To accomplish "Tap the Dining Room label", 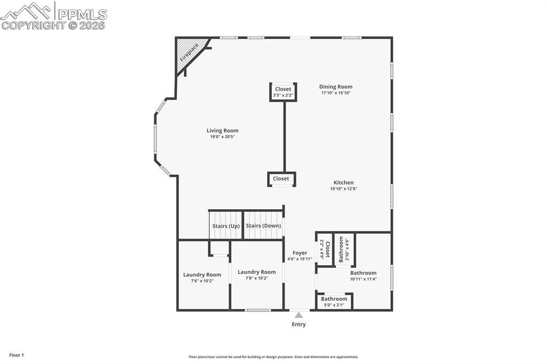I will pos(335,86).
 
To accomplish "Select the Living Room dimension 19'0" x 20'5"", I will pos(222,137).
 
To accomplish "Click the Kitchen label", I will pos(343,183).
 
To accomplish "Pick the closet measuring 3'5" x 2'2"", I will pos(283,92).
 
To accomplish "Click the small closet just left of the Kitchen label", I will pos(281,179).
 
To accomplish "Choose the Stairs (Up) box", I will pos(225,226).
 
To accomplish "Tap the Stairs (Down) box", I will pos(263,226).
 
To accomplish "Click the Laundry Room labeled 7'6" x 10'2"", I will pos(202,278).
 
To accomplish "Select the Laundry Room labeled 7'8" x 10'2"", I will pos(256,275).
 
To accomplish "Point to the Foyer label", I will pos(300,253).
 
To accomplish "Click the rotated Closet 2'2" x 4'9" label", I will pos(325,249).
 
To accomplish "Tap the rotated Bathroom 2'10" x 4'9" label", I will pos(344,249).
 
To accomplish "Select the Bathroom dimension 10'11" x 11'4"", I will pos(363,279).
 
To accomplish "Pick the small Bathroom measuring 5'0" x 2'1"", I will pos(334,302).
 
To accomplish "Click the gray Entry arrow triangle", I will pos(299,315).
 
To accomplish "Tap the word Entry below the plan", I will pos(299,325).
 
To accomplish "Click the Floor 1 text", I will pos(17,355).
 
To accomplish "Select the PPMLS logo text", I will pos(82,14).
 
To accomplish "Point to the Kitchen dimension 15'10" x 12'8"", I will pos(343,188).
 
